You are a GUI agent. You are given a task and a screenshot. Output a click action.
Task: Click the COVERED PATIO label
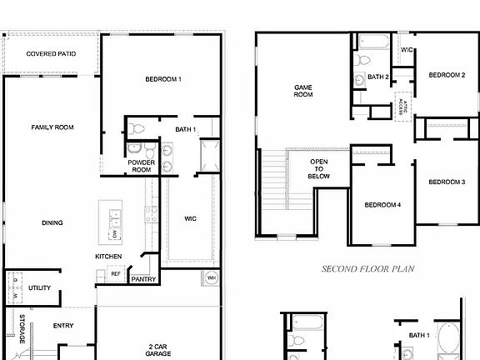[x=51, y=54]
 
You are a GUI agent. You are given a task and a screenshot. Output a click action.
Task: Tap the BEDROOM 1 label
[x=163, y=79]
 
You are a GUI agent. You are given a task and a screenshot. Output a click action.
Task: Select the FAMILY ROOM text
[x=52, y=127]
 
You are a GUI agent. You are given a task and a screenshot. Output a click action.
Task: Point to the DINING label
[x=52, y=223]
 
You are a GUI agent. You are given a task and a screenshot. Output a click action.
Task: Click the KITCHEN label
[x=109, y=256]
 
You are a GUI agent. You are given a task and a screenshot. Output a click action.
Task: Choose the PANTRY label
[x=143, y=279]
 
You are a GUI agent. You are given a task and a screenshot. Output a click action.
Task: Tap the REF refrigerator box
[x=116, y=273]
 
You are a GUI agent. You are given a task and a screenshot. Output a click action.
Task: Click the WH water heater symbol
[x=211, y=277]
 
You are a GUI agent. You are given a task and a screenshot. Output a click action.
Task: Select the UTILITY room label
[x=39, y=288]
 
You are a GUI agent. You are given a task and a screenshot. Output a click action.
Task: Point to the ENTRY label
[x=63, y=326]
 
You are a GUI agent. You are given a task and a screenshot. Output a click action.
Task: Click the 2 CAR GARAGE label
[x=160, y=350]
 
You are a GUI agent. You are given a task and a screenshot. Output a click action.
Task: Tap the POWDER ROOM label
[x=142, y=167]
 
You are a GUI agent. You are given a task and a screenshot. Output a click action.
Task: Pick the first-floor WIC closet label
[x=191, y=219]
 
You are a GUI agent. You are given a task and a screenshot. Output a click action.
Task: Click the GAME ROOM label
[x=303, y=91]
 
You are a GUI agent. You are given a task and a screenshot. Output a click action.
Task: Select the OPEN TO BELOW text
[x=319, y=169]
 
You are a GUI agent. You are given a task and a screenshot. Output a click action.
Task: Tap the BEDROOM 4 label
[x=382, y=205]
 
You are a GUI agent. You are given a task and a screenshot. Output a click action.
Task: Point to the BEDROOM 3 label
[x=447, y=182]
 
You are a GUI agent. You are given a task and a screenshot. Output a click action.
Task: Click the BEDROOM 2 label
[x=447, y=76]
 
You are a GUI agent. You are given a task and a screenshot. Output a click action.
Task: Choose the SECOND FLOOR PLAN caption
[x=368, y=269]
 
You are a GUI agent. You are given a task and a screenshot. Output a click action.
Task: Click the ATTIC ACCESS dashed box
[x=403, y=106]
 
